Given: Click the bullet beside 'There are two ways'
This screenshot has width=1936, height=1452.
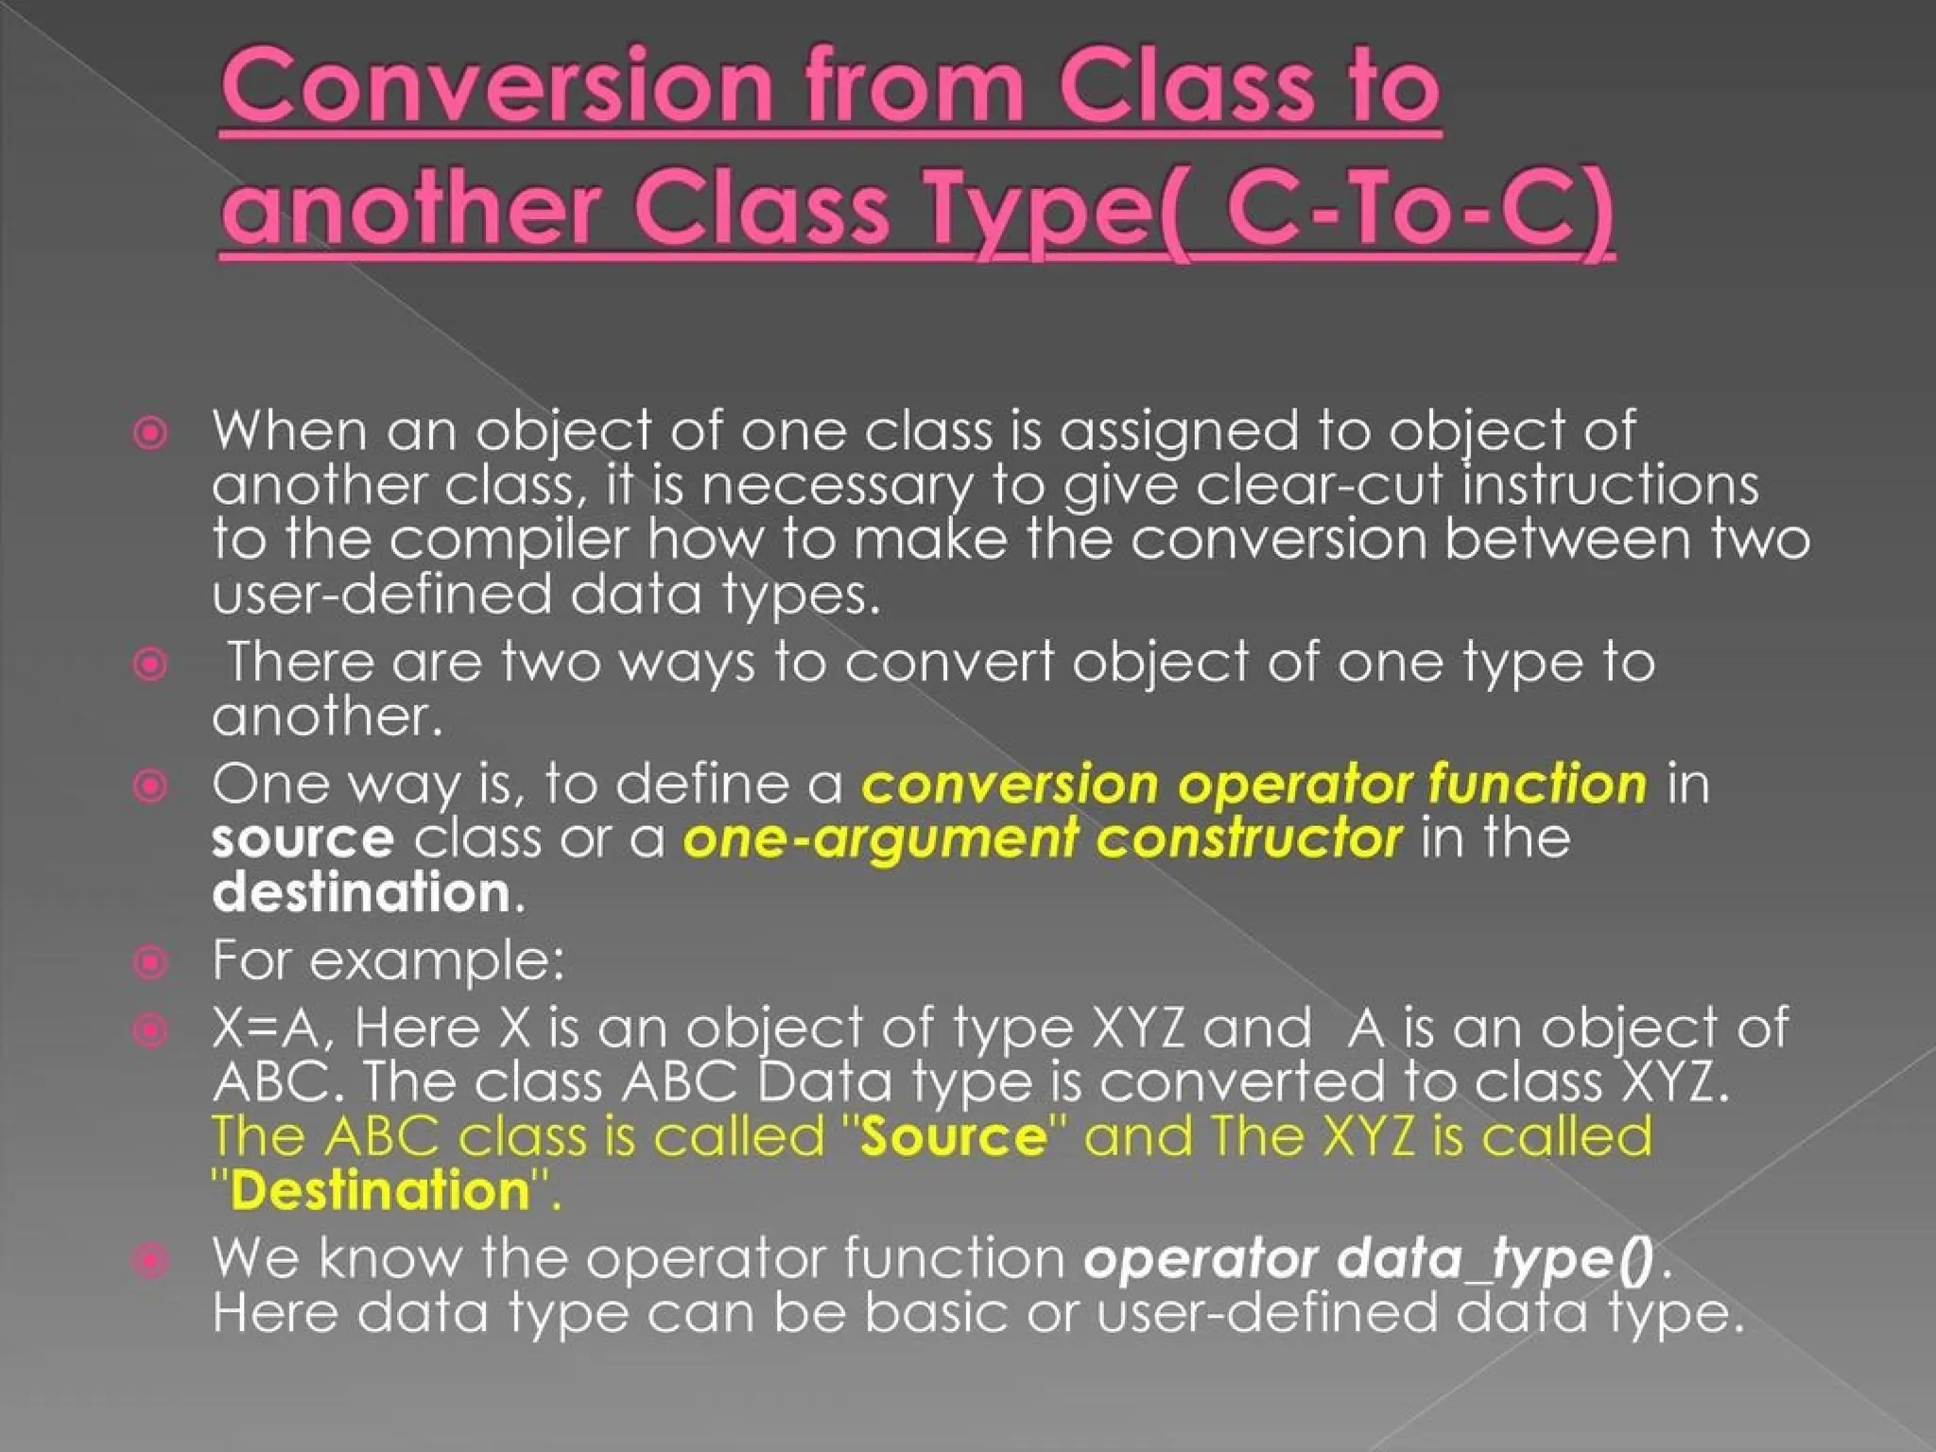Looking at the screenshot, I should pyautogui.click(x=151, y=665).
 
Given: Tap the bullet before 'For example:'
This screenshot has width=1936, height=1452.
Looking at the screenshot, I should pyautogui.click(x=151, y=962).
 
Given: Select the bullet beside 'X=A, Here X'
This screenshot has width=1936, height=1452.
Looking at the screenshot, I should pyautogui.click(x=151, y=1030).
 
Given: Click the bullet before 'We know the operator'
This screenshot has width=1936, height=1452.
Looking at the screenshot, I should pyautogui.click(x=151, y=1261).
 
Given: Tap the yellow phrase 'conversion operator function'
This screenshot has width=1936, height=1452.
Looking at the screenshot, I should pyautogui.click(x=1254, y=785).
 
